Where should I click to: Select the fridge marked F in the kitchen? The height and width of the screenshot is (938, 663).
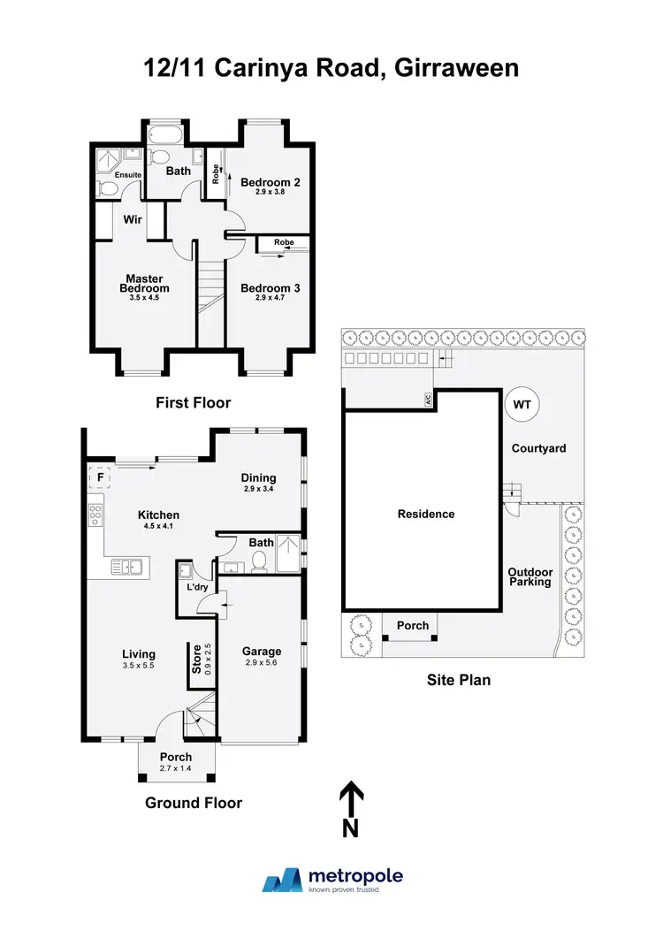pyautogui.click(x=100, y=478)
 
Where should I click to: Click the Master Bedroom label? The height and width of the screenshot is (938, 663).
pyautogui.click(x=144, y=284)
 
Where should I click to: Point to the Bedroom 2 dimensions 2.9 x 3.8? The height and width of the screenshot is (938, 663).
pyautogui.click(x=271, y=192)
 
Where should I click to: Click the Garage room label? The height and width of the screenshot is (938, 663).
pyautogui.click(x=262, y=651)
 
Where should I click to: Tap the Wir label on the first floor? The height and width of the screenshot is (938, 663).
pyautogui.click(x=133, y=217)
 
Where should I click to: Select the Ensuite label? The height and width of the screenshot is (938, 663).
pyautogui.click(x=127, y=175)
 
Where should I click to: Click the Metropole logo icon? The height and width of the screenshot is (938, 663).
pyautogui.click(x=283, y=880)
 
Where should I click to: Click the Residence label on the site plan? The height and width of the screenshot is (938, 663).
pyautogui.click(x=425, y=514)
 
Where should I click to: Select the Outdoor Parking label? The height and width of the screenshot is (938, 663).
pyautogui.click(x=530, y=576)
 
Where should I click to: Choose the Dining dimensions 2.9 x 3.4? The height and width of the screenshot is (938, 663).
pyautogui.click(x=259, y=488)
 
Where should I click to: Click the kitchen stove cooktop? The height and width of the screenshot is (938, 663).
pyautogui.click(x=95, y=515)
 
